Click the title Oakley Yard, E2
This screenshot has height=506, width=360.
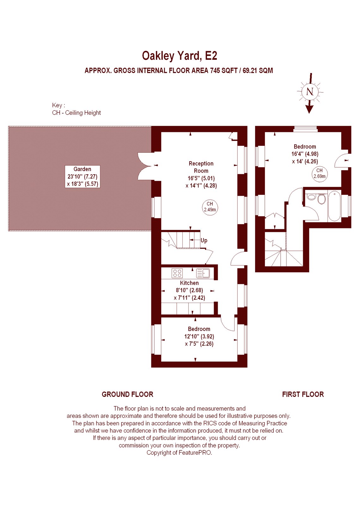[180, 56]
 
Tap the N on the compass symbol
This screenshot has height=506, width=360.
[310, 92]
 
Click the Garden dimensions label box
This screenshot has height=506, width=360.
[82, 176]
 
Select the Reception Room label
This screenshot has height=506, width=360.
[201, 167]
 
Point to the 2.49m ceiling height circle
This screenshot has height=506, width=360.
[210, 207]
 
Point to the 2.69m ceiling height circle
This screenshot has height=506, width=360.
[319, 174]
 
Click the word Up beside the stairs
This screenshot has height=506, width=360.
[204, 240]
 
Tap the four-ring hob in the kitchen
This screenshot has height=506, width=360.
[177, 273]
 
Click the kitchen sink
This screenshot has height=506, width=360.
[203, 273]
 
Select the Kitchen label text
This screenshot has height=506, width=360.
[189, 283]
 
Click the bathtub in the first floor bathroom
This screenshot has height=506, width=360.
[334, 206]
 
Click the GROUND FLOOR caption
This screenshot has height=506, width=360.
[127, 394]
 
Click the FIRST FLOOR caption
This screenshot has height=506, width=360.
[303, 394]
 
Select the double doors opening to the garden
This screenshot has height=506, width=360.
[144, 166]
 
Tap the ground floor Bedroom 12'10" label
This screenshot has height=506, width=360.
[199, 336]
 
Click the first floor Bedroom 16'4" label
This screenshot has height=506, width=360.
[305, 154]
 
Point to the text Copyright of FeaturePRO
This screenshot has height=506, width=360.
[180, 453]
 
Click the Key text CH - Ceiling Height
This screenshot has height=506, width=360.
[76, 113]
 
